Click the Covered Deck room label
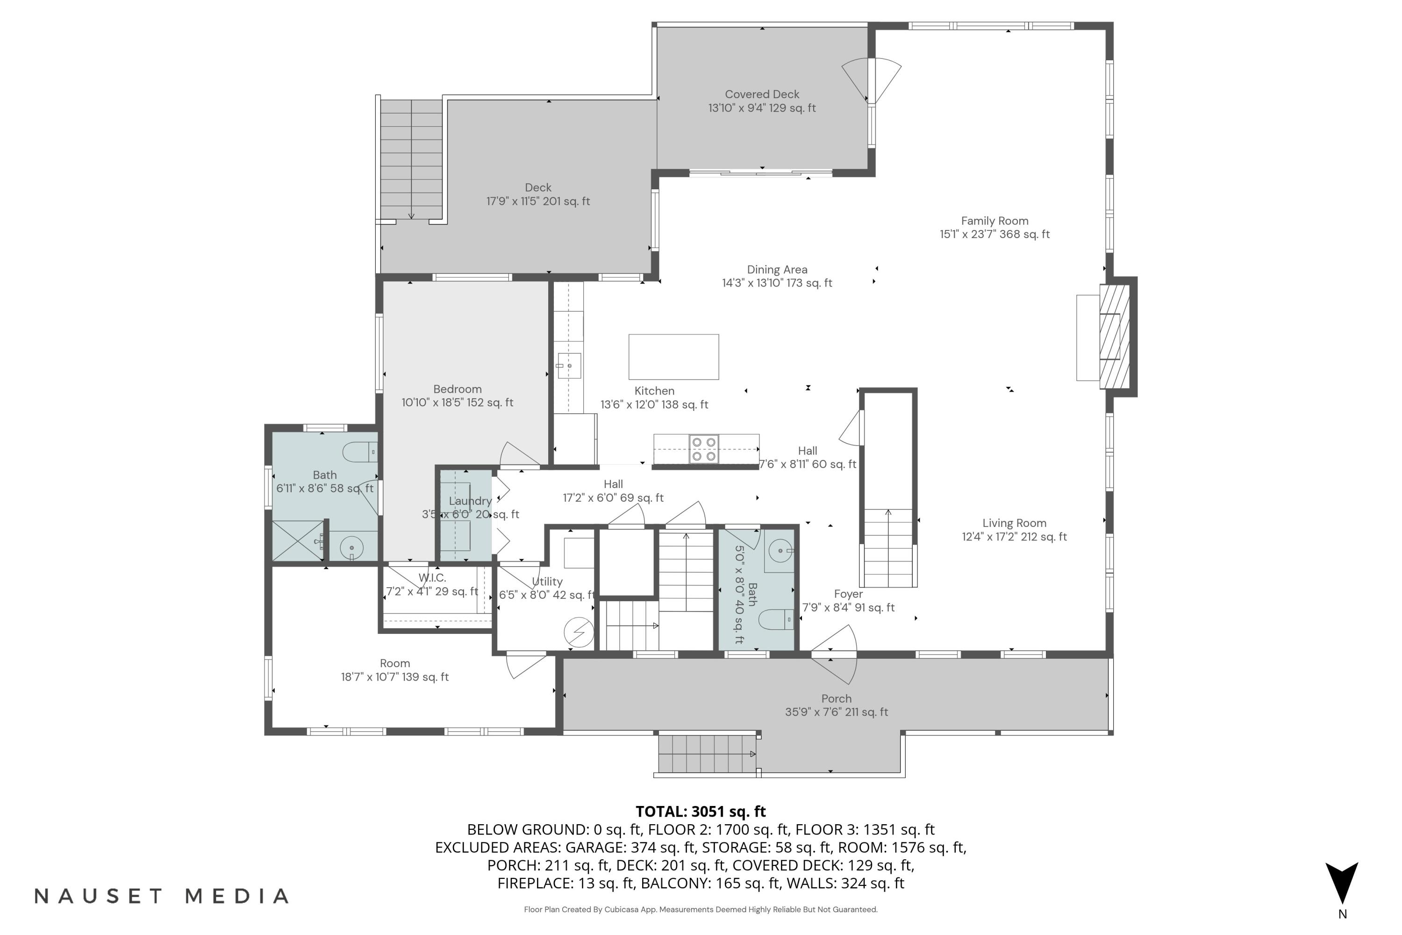click(x=761, y=94)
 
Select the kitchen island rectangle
click(x=673, y=357)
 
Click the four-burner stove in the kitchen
click(x=703, y=449)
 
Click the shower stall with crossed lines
click(x=297, y=540)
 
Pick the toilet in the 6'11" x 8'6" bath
click(x=359, y=452)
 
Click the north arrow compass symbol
click(x=1341, y=883)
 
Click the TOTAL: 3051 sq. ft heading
click(x=701, y=812)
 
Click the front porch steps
click(x=706, y=755)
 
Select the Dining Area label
click(x=777, y=270)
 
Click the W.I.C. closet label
click(x=432, y=578)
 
